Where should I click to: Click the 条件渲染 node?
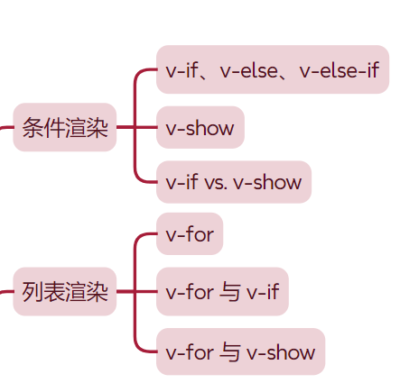[x=65, y=128]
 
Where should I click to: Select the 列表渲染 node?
[x=65, y=292]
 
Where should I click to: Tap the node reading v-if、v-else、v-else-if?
[x=272, y=69]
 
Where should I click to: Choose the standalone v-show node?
[x=200, y=128]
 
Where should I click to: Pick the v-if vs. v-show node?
[x=233, y=182]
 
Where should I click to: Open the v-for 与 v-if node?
[x=222, y=292]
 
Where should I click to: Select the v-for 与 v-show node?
[x=240, y=351]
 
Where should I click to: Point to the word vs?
[x=215, y=182]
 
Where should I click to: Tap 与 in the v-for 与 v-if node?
[x=230, y=292]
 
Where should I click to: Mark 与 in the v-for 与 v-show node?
[x=230, y=351]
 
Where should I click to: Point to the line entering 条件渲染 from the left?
[x=6, y=128]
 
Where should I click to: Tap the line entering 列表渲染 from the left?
[x=6, y=292]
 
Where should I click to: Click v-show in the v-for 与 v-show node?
[x=281, y=351]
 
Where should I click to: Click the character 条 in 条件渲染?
[x=33, y=128]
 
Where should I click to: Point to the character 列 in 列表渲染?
[x=33, y=292]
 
